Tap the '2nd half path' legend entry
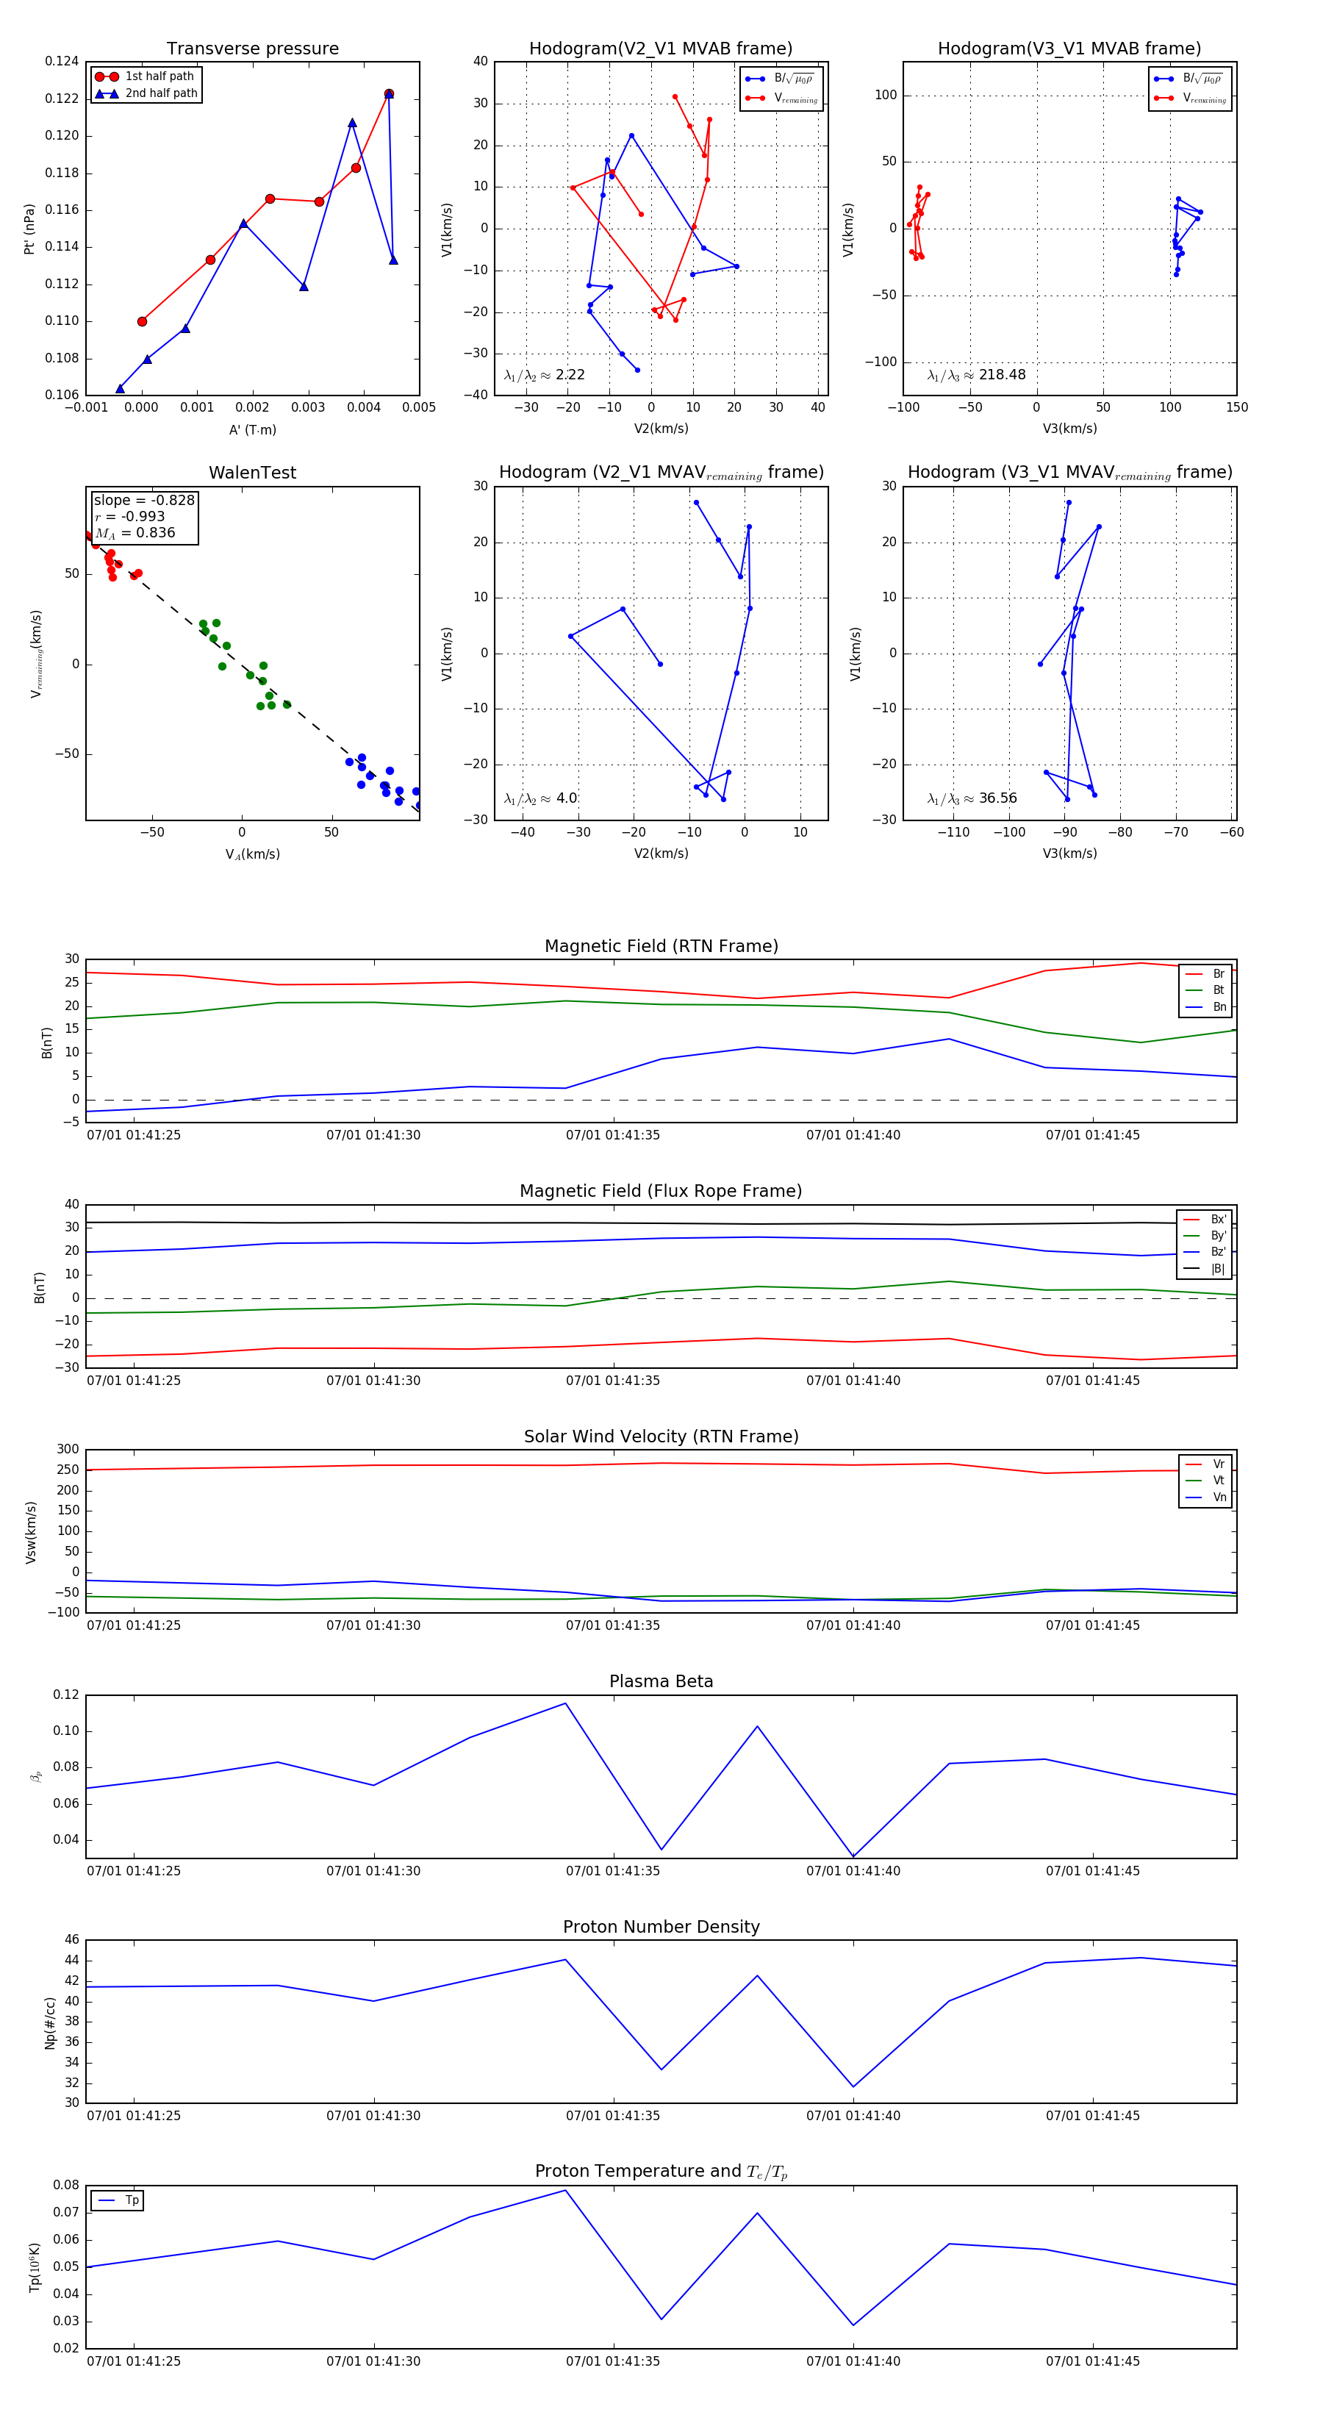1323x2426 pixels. point(161,93)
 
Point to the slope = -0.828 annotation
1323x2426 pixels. point(144,500)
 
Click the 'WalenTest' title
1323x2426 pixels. point(252,473)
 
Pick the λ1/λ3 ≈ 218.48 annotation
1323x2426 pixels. point(977,375)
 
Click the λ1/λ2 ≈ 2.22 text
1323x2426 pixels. point(544,375)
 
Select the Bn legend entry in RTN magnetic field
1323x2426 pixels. point(1219,1006)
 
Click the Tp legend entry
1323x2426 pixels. point(132,2200)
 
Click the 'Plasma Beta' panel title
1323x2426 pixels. point(661,1682)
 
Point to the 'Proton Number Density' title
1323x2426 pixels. point(661,1927)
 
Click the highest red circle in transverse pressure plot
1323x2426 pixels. point(389,94)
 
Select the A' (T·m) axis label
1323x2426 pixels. point(252,429)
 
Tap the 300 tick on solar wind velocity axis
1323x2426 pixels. point(68,1450)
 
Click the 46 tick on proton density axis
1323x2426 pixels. point(73,1940)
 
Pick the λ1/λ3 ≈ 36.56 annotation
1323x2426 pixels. point(972,798)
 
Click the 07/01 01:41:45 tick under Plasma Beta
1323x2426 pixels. point(1092,1870)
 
